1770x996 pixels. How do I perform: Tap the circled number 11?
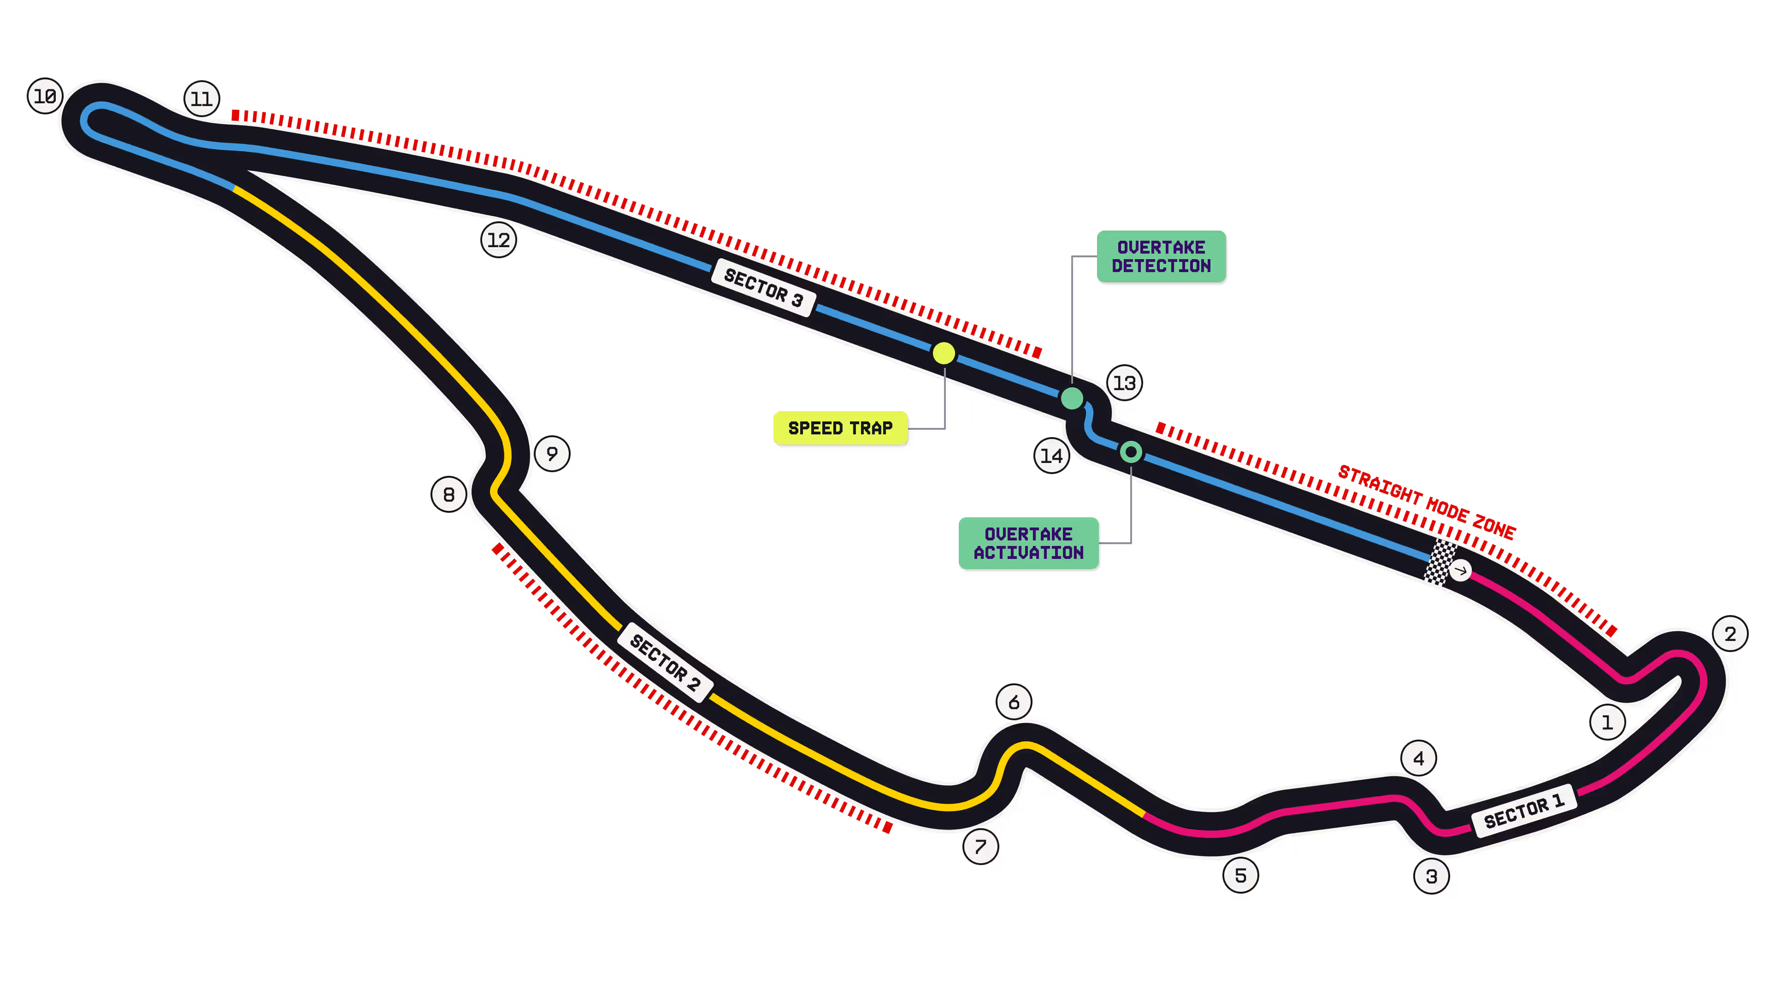click(x=202, y=99)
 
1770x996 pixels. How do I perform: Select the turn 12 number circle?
click(x=499, y=240)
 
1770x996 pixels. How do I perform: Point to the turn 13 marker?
click(x=1125, y=383)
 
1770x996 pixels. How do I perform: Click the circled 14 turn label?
click(x=1052, y=456)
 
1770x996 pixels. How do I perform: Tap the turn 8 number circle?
click(x=448, y=494)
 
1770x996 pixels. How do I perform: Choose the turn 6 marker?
click(x=1014, y=702)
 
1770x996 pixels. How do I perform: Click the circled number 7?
click(x=980, y=846)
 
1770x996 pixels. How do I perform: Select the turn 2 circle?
click(x=1730, y=634)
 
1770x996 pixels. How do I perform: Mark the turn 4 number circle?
click(x=1419, y=758)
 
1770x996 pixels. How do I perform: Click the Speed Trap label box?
click(x=840, y=428)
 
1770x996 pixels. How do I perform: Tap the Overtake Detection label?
click(x=1161, y=256)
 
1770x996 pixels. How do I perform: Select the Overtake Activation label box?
click(x=1029, y=543)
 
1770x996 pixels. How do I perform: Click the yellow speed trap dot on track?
click(x=944, y=353)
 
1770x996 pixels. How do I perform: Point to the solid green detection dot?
click(x=1072, y=398)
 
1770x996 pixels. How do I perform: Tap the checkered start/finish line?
click(x=1440, y=562)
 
